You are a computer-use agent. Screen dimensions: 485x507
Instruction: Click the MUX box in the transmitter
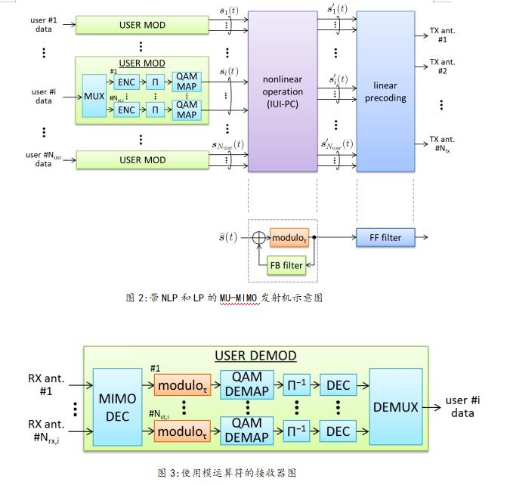pyautogui.click(x=94, y=96)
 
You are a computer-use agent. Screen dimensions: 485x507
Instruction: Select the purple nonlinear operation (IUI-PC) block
pyautogui.click(x=282, y=91)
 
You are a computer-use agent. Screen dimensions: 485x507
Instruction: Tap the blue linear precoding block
pyautogui.click(x=385, y=91)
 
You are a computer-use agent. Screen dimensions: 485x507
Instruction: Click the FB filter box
pyautogui.click(x=288, y=266)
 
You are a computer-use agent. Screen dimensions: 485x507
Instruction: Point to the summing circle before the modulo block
pyautogui.click(x=259, y=237)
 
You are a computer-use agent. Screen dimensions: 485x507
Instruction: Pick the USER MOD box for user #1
pyautogui.click(x=142, y=25)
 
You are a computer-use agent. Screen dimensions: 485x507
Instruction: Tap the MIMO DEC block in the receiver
pyautogui.click(x=117, y=406)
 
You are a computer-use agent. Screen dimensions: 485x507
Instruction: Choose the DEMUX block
pyautogui.click(x=394, y=406)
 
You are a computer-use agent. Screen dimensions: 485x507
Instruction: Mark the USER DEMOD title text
pyautogui.click(x=255, y=356)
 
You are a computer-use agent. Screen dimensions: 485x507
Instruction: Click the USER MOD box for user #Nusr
pyautogui.click(x=142, y=160)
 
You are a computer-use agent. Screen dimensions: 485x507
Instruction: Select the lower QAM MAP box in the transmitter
pyautogui.click(x=186, y=110)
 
